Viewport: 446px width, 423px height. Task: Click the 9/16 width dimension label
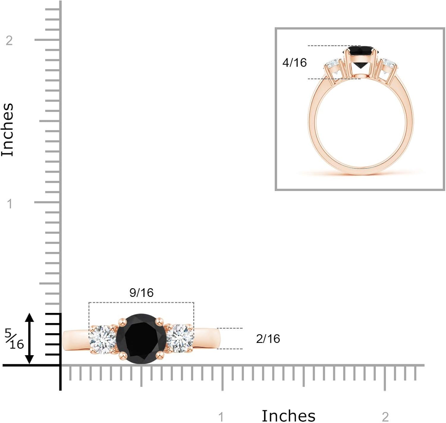tap(142, 293)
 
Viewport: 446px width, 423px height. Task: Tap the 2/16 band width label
tap(268, 339)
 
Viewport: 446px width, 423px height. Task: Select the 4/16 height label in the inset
tap(294, 62)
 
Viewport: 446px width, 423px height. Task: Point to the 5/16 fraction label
tap(14, 339)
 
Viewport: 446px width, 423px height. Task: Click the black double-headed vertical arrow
tap(29, 339)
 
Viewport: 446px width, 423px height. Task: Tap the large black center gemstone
tap(141, 339)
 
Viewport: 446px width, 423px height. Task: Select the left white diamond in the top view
tap(103, 339)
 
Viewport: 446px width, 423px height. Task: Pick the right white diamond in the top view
tap(180, 339)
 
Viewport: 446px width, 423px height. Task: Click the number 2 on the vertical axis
tap(9, 40)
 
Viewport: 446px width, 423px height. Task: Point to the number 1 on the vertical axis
tap(10, 204)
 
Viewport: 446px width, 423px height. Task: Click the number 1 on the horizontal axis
tap(221, 417)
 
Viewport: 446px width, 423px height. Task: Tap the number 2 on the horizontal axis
tap(385, 417)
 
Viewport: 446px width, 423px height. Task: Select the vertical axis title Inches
tap(8, 130)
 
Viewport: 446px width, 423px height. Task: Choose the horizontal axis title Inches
tap(288, 416)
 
